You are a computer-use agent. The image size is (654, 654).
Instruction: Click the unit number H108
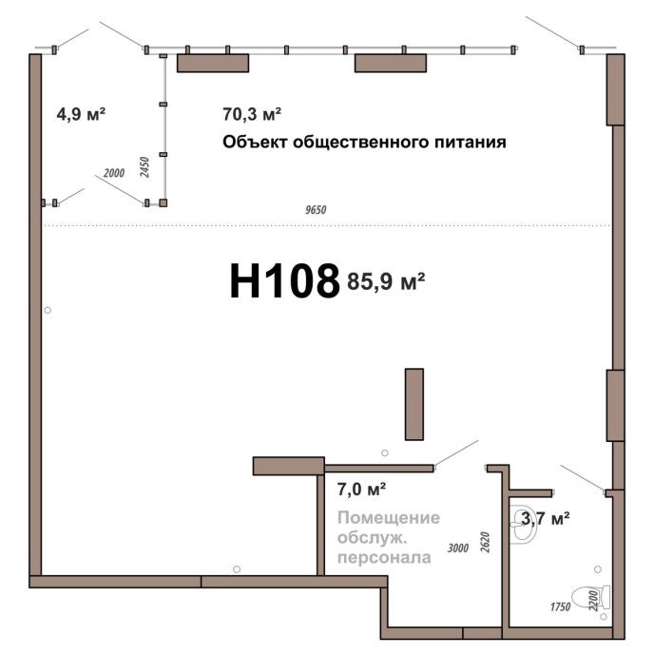(x=285, y=281)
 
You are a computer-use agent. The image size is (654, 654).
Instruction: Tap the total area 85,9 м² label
(x=386, y=281)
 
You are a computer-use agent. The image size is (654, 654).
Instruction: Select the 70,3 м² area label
(x=252, y=114)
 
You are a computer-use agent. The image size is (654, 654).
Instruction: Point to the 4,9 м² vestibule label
(x=81, y=114)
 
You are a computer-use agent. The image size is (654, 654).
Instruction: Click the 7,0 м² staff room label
(x=361, y=490)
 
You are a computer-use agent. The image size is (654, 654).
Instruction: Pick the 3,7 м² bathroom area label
(x=546, y=519)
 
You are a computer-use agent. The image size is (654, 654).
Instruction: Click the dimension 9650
(x=316, y=210)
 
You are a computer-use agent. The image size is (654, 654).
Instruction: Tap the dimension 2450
(x=144, y=167)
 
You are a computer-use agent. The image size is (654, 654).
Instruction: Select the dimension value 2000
(x=114, y=173)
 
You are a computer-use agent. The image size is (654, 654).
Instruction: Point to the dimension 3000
(x=458, y=548)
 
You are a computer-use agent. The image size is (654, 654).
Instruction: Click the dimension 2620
(x=485, y=542)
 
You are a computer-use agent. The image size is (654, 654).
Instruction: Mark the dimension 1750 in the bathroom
(x=560, y=606)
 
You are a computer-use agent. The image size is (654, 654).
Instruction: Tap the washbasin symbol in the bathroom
(x=521, y=525)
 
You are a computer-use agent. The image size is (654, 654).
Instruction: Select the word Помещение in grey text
(x=388, y=518)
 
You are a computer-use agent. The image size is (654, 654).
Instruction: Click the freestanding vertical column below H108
(x=414, y=404)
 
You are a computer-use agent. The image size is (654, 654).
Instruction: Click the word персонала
(x=384, y=558)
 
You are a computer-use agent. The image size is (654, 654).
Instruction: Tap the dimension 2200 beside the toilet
(x=593, y=601)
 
